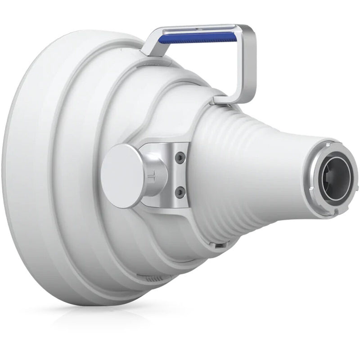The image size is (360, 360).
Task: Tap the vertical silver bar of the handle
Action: tap(248, 63)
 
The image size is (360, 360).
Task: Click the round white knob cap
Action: tap(122, 175)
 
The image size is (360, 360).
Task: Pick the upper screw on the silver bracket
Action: tap(180, 157)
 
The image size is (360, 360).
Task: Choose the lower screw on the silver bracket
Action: tap(180, 193)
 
